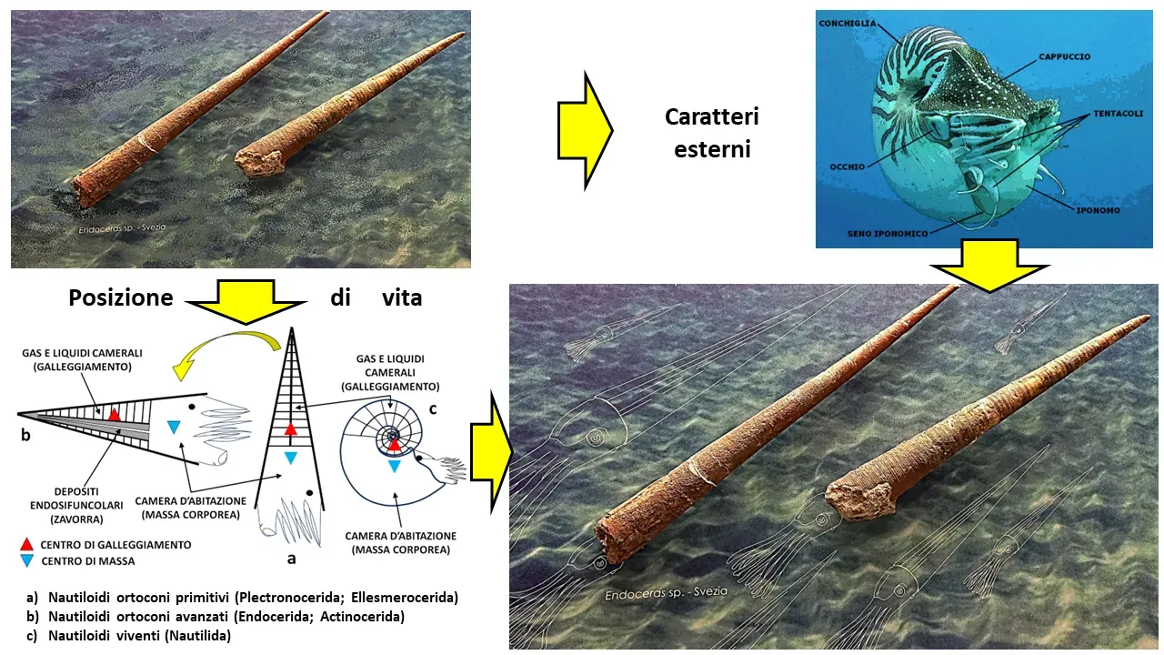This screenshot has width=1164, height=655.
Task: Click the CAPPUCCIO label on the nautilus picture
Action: (x=1064, y=56)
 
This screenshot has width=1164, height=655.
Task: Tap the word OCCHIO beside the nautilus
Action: (x=847, y=166)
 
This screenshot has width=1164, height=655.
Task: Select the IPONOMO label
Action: (x=1098, y=210)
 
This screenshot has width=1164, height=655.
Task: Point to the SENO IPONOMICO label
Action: (x=888, y=234)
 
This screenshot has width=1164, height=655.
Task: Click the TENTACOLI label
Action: (x=1119, y=114)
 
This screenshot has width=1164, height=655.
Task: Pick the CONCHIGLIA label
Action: (x=848, y=24)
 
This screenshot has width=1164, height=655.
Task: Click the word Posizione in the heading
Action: (x=121, y=297)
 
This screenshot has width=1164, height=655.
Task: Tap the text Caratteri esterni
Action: (x=712, y=133)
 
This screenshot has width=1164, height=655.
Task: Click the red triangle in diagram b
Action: (x=115, y=414)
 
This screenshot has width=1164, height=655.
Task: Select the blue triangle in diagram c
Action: (x=395, y=466)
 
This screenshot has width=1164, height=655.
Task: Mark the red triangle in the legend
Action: (x=26, y=544)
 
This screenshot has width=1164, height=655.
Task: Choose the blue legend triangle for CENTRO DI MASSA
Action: (x=26, y=560)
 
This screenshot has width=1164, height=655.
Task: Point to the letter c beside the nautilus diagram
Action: (x=432, y=409)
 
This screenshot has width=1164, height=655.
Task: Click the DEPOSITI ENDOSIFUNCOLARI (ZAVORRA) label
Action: (x=76, y=505)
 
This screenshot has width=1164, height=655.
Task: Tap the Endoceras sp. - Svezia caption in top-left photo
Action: (x=122, y=228)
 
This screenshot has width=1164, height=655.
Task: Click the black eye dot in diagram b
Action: (x=192, y=407)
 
